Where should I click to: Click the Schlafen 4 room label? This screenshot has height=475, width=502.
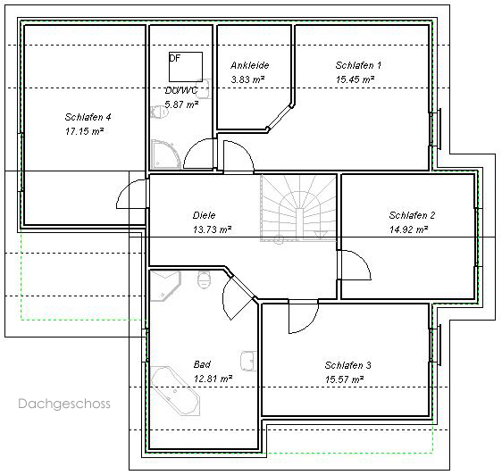tap(88, 117)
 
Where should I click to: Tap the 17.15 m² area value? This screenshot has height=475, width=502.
tap(85, 131)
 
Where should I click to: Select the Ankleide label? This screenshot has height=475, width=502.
tap(250, 65)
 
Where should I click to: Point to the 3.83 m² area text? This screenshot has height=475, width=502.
tap(247, 79)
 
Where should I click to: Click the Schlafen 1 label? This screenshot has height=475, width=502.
tap(358, 65)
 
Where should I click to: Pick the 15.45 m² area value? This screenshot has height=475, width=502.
tap(356, 79)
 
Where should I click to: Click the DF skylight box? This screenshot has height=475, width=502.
tap(186, 67)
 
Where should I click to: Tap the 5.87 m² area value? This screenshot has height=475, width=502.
tap(181, 104)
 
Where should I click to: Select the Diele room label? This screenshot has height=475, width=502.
tap(204, 215)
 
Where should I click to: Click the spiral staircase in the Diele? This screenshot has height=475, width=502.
tap(298, 207)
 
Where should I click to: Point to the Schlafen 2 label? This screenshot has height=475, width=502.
tap(412, 215)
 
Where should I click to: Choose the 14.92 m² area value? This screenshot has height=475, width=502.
tap(409, 229)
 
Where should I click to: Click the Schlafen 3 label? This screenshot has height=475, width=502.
tap(348, 365)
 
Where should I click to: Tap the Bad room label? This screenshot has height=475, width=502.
tap(202, 364)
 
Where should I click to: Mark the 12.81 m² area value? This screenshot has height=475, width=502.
tap(213, 379)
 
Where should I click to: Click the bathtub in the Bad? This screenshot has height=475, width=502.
tap(175, 391)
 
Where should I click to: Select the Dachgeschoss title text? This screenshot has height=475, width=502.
tap(64, 404)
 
